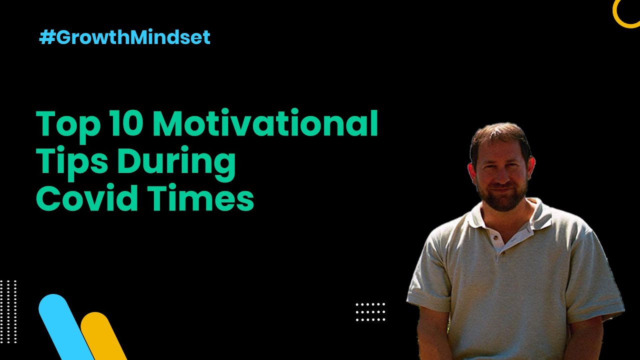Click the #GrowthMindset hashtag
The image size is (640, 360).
(125, 37)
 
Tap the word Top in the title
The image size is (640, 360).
(68, 125)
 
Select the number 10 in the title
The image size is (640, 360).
(127, 123)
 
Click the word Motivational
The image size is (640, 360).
(265, 123)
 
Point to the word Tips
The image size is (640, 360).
(71, 163)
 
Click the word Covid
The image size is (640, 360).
(87, 197)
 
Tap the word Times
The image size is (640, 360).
(201, 197)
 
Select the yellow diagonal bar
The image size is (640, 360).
(103, 335)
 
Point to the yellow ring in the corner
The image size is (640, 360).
(617, 17)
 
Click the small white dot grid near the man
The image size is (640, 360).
(370, 312)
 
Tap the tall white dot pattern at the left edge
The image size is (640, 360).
(8, 311)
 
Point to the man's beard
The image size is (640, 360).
(503, 198)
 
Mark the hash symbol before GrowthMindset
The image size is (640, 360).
(47, 37)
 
